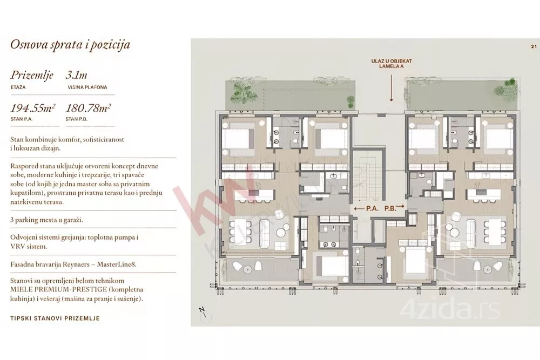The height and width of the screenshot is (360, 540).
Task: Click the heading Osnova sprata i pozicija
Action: (x=70, y=45)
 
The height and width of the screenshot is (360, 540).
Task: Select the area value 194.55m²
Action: (x=33, y=108)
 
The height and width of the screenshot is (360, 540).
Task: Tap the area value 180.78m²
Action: (x=88, y=108)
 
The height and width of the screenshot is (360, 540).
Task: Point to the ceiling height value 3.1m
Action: (x=77, y=75)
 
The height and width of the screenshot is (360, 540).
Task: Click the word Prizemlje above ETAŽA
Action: (x=32, y=76)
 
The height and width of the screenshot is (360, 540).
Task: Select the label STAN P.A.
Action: (x=21, y=119)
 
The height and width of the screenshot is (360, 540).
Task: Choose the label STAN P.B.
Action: (x=77, y=119)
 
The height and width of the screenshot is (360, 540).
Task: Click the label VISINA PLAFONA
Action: (x=87, y=87)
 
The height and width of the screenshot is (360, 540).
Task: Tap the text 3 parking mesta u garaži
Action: (x=46, y=220)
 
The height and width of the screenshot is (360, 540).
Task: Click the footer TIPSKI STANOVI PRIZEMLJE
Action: (x=55, y=318)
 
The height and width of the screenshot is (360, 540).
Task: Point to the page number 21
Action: (x=534, y=46)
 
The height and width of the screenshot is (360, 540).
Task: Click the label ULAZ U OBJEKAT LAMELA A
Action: (x=391, y=64)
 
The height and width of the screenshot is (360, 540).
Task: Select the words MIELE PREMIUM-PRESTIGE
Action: (x=53, y=290)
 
